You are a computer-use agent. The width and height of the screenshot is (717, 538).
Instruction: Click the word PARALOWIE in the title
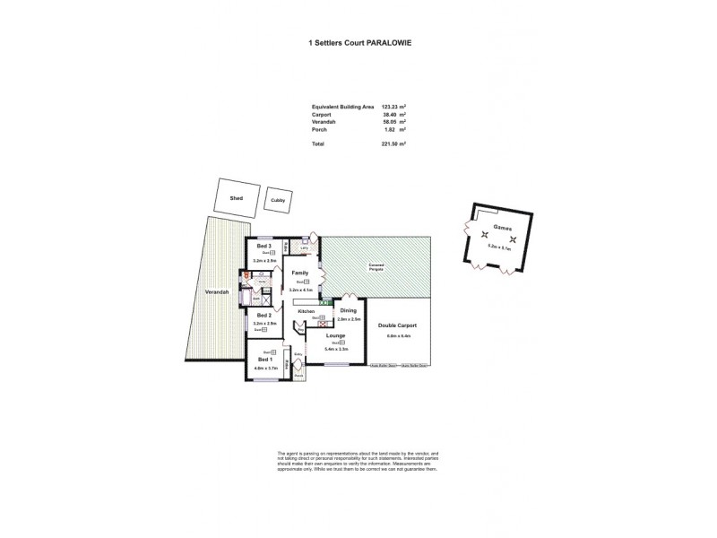391,41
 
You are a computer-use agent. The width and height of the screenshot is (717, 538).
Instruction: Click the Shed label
237,198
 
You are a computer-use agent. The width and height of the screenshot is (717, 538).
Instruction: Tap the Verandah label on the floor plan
216,292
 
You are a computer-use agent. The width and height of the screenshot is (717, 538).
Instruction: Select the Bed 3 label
263,246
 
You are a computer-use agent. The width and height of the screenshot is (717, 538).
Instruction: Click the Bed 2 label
263,315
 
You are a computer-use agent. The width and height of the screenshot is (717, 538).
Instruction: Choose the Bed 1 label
263,360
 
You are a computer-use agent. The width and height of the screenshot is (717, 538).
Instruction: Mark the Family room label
300,272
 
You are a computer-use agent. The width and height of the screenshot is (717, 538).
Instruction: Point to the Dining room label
349,310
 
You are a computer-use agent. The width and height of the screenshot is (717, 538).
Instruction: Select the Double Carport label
397,325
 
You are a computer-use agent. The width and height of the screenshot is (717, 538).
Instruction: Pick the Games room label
503,228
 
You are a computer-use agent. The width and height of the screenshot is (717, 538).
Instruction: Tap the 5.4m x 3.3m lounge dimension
336,350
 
